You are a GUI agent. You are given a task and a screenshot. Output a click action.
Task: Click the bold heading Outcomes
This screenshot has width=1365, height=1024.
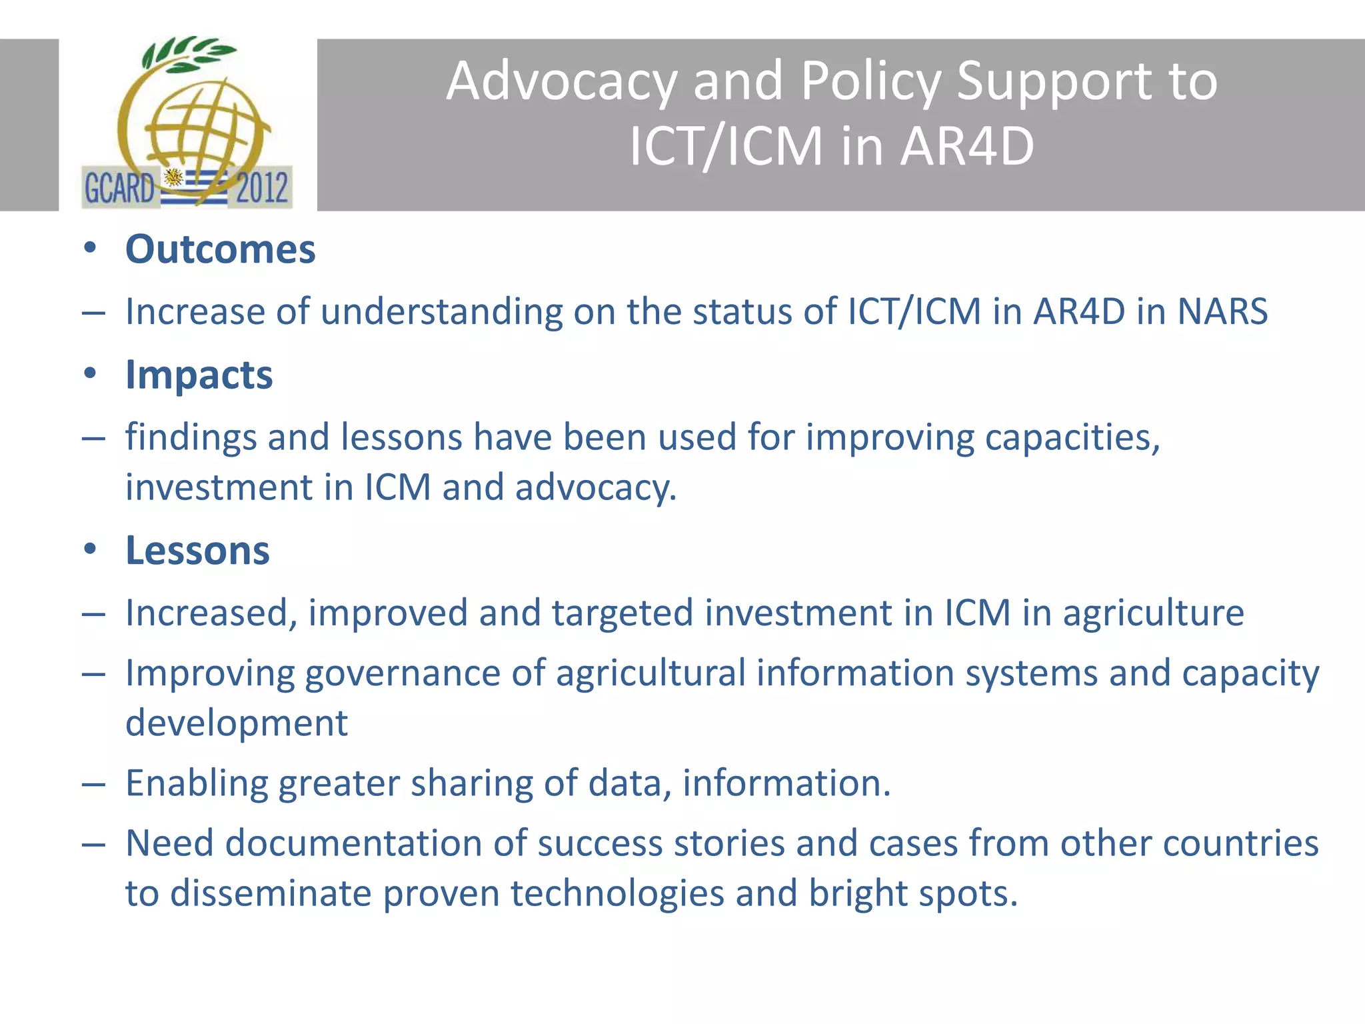220,250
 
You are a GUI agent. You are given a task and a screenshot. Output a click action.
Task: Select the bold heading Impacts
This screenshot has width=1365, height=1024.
199,375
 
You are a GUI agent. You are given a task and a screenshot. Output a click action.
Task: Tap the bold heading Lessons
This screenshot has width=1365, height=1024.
197,551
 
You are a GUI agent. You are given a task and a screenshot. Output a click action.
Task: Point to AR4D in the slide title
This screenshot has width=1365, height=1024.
967,146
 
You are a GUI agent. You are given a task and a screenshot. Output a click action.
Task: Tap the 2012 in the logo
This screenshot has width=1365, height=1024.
262,187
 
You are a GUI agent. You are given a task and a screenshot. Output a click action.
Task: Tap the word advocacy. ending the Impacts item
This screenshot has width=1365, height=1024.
596,488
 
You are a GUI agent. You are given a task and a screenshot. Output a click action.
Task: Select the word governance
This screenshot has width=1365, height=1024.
403,673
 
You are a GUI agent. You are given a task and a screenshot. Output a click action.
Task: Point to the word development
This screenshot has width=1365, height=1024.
237,723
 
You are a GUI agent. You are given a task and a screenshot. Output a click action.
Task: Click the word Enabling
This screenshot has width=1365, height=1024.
197,783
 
